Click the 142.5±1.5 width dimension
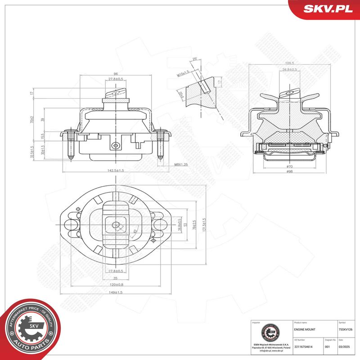[x=116, y=170]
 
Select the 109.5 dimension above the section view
[x=289, y=63]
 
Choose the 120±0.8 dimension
[x=116, y=284]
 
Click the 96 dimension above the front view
[x=116, y=74]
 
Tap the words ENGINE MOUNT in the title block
[x=305, y=329]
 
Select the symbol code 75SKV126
[x=346, y=329]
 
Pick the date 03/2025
[x=345, y=346]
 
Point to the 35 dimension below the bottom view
[x=116, y=278]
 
